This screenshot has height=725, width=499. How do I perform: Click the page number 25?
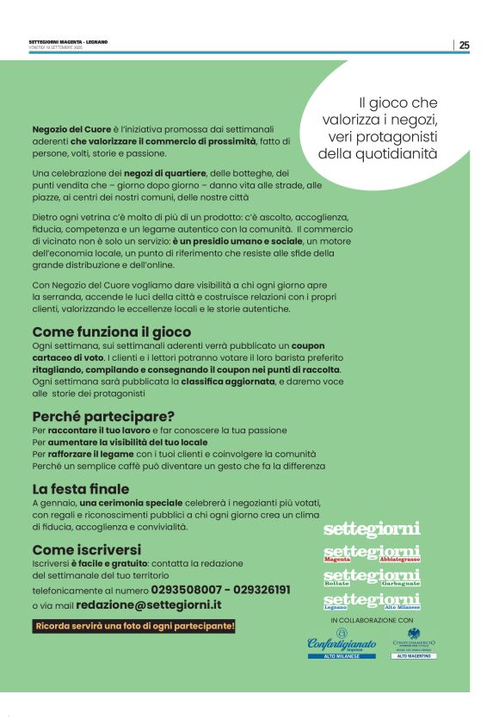(x=464, y=46)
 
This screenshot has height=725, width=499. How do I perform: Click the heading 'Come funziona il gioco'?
(x=111, y=332)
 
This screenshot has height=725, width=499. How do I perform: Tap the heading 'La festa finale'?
(x=80, y=488)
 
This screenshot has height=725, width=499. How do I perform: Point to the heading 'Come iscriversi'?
(x=86, y=549)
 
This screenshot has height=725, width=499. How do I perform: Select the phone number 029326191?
(x=258, y=590)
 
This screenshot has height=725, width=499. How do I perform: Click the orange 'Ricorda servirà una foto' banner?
(x=134, y=625)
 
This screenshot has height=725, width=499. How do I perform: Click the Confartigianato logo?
(x=342, y=643)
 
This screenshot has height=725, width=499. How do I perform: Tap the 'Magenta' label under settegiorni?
(x=337, y=560)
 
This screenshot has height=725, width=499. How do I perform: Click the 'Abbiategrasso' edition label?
(x=399, y=560)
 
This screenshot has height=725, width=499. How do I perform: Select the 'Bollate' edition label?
(x=336, y=583)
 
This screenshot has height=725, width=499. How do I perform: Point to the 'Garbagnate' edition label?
(x=402, y=583)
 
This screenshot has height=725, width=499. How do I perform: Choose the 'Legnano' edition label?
(x=336, y=607)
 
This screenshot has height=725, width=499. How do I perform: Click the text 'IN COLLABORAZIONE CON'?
(x=372, y=619)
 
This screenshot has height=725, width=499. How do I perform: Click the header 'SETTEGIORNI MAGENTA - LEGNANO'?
(x=68, y=42)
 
